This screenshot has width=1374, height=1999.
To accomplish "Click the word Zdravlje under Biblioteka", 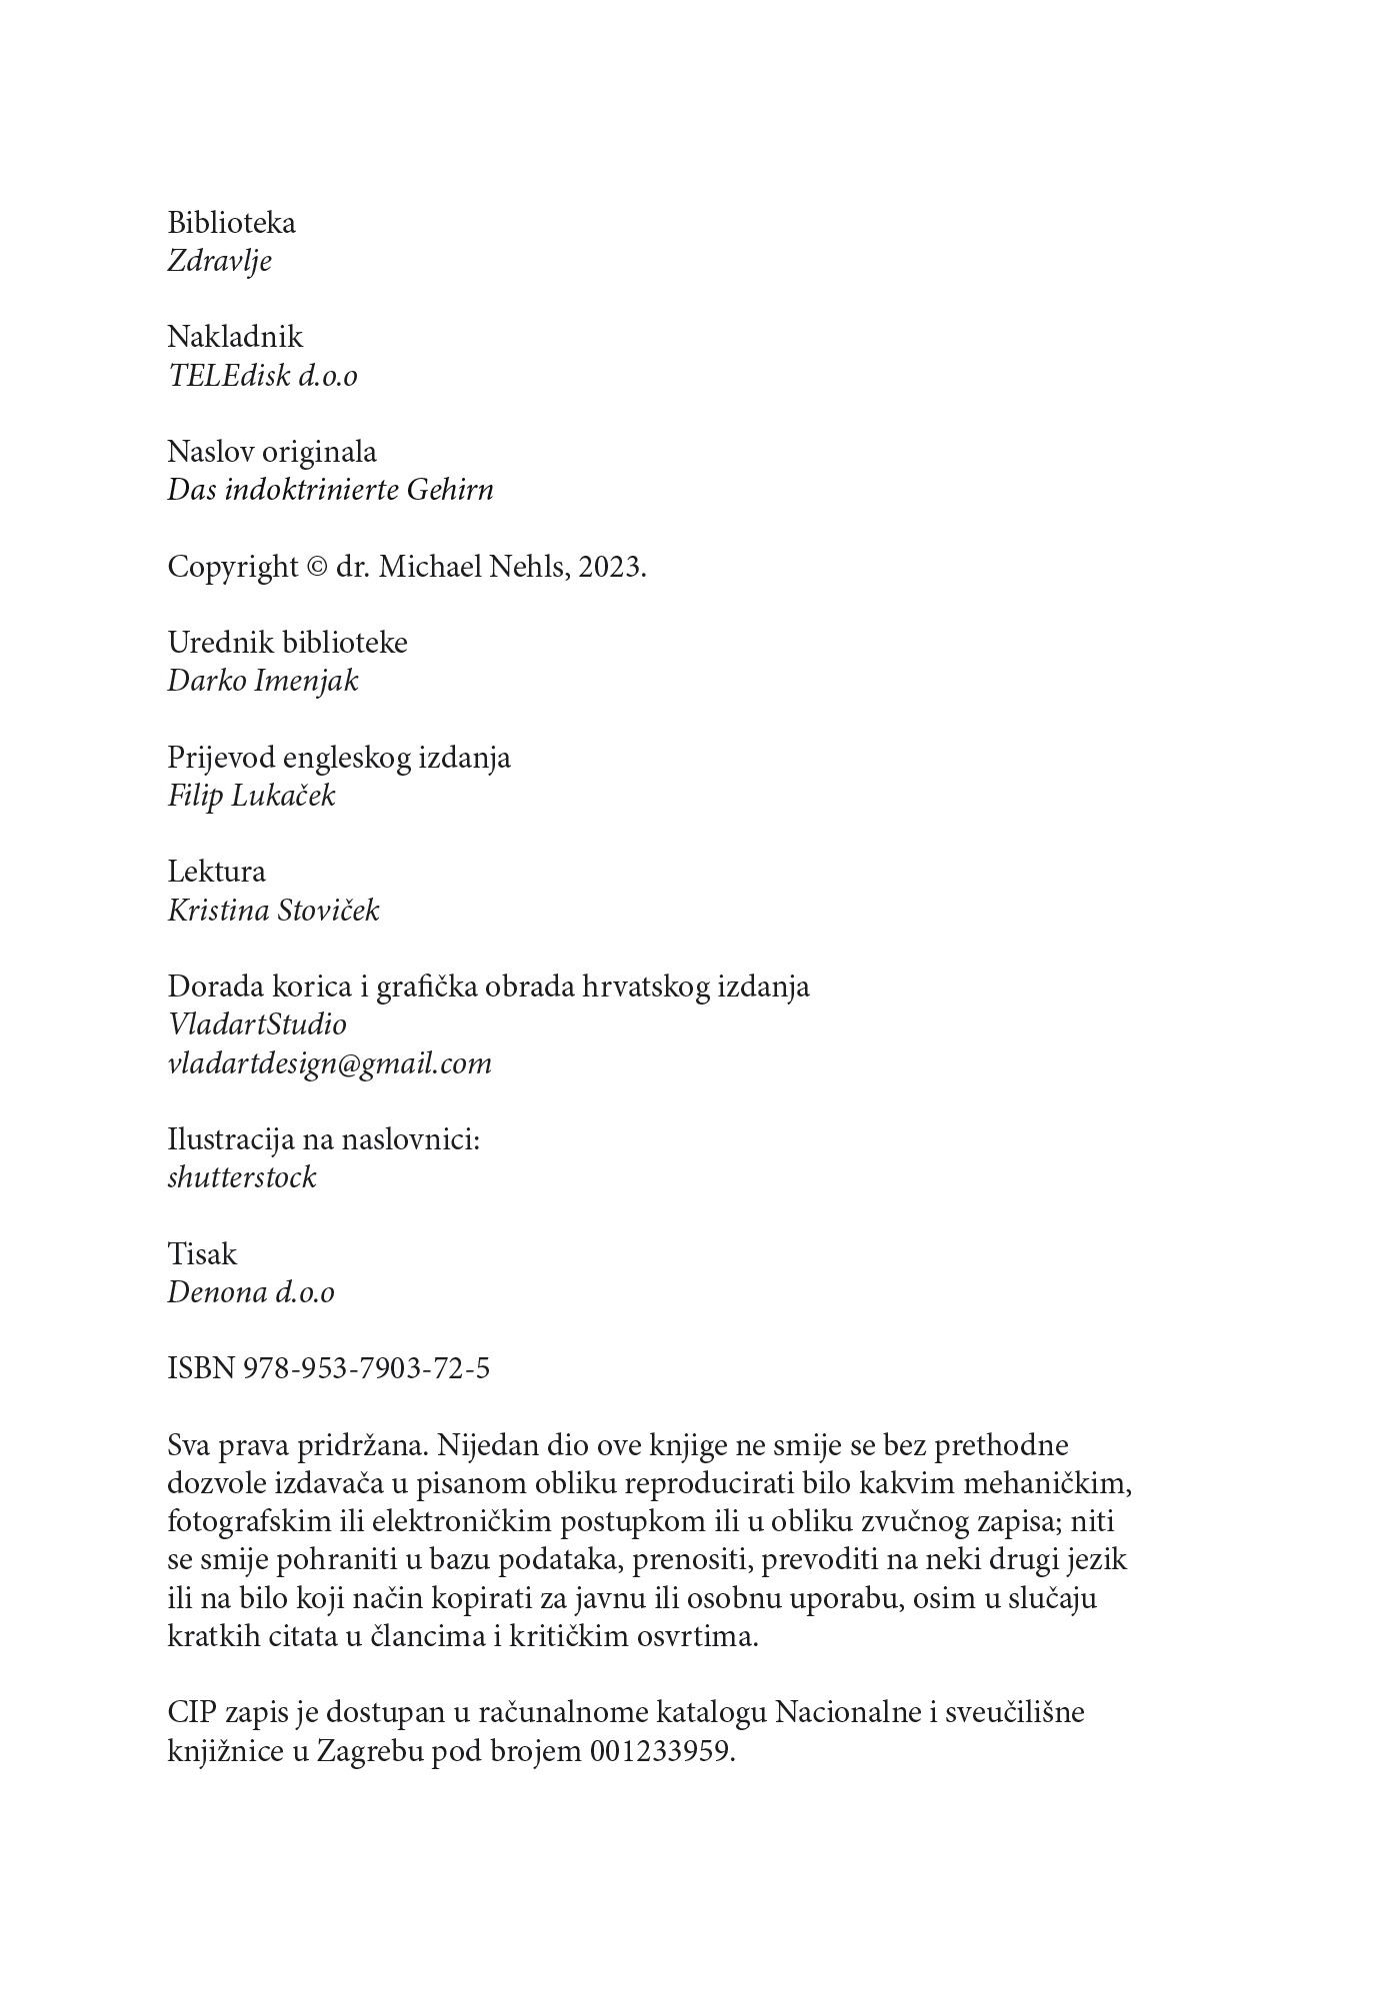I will click(x=219, y=262).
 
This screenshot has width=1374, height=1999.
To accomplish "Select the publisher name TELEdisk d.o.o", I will click(x=262, y=376).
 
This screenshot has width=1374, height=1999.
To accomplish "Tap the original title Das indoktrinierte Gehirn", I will click(x=330, y=491).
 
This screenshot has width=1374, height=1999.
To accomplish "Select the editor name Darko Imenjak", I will click(x=262, y=682).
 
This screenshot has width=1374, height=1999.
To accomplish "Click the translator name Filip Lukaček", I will click(x=251, y=797).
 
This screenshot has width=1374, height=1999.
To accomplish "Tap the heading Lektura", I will click(x=216, y=872).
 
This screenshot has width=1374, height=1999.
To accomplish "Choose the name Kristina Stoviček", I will click(x=273, y=912).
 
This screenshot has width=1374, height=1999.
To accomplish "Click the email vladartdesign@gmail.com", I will click(x=329, y=1063).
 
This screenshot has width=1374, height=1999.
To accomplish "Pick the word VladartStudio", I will click(x=257, y=1024).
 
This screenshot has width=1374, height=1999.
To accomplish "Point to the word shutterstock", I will click(x=242, y=1177).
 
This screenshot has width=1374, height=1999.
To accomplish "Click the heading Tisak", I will click(x=202, y=1254).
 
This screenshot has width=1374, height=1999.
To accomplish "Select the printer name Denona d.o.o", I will click(x=250, y=1292).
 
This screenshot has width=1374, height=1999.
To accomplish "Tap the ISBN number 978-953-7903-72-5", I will click(x=366, y=1368).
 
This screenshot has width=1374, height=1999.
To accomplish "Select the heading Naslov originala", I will click(x=272, y=452).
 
